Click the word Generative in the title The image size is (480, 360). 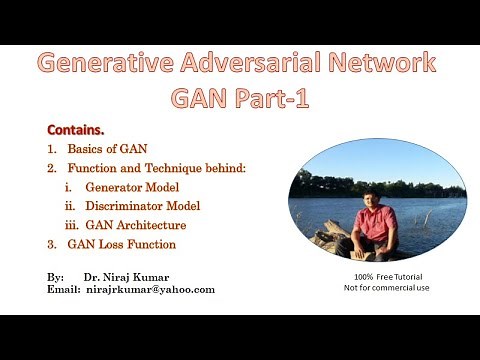(x=108, y=64)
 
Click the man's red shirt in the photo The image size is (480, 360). (x=376, y=222)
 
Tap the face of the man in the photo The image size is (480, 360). (x=376, y=196)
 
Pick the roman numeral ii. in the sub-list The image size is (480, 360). (x=69, y=206)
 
